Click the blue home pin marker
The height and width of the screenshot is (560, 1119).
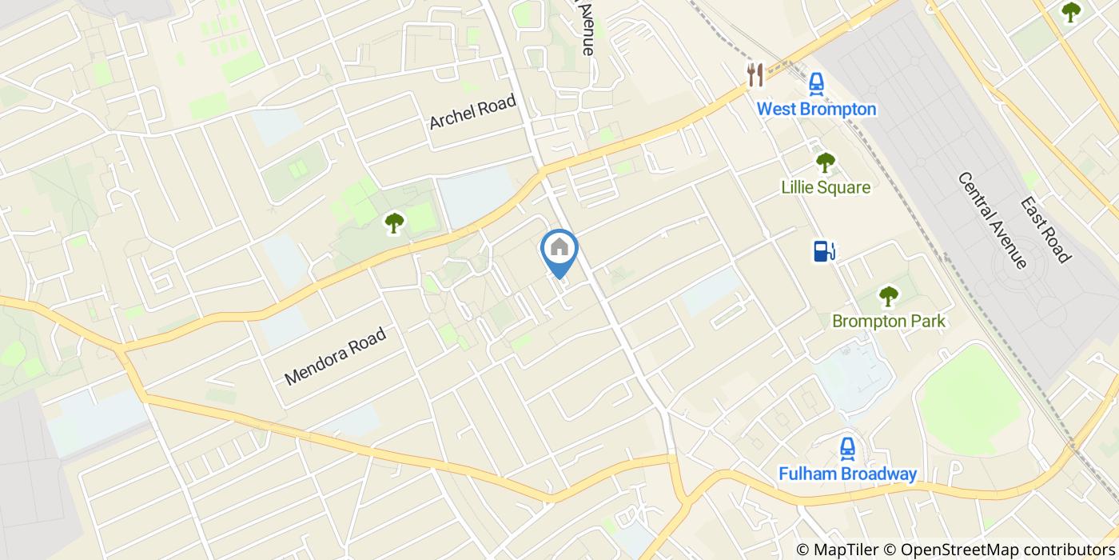pyautogui.click(x=559, y=249)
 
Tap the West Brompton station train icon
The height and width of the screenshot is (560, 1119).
pyautogui.click(x=816, y=83)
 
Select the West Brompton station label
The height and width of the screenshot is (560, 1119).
pyautogui.click(x=816, y=109)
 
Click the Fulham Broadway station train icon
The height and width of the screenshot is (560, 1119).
pyautogui.click(x=847, y=449)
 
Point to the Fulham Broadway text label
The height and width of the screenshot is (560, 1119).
pyautogui.click(x=847, y=474)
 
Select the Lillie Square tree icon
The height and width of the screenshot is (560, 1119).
pyautogui.click(x=825, y=162)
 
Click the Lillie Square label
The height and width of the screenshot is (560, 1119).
pyautogui.click(x=825, y=188)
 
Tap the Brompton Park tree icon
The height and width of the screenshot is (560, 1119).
pyautogui.click(x=888, y=296)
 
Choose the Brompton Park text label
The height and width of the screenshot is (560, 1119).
pyautogui.click(x=888, y=322)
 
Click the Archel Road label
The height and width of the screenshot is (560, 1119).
pyautogui.click(x=472, y=111)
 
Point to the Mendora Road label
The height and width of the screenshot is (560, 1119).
pyautogui.click(x=336, y=355)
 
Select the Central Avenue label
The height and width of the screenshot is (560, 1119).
pyautogui.click(x=992, y=220)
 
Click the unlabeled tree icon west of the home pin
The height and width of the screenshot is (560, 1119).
pyautogui.click(x=394, y=222)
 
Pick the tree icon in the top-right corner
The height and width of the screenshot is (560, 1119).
pyautogui.click(x=1070, y=12)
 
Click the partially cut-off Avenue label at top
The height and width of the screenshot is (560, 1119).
pyautogui.click(x=588, y=27)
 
